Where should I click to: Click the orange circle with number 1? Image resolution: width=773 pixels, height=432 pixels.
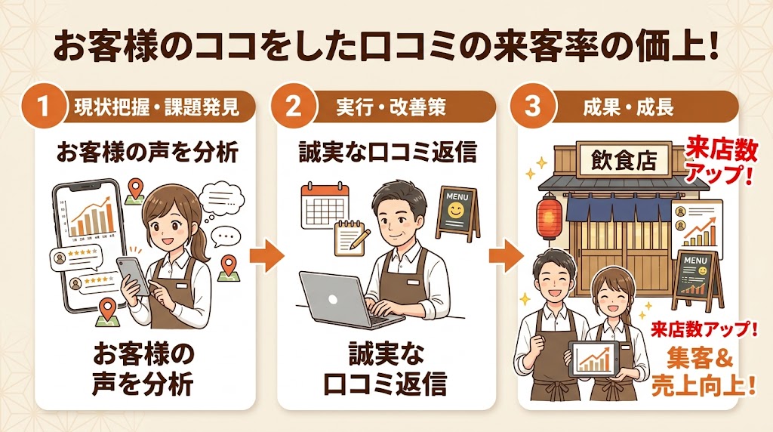point(43,106)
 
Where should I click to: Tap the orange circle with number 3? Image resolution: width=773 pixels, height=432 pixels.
point(533,106)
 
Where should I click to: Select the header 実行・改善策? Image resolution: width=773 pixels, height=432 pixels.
point(391,106)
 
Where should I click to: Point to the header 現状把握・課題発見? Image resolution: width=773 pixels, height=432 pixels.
point(157,106)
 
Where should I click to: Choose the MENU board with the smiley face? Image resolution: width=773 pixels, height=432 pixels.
point(457,212)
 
